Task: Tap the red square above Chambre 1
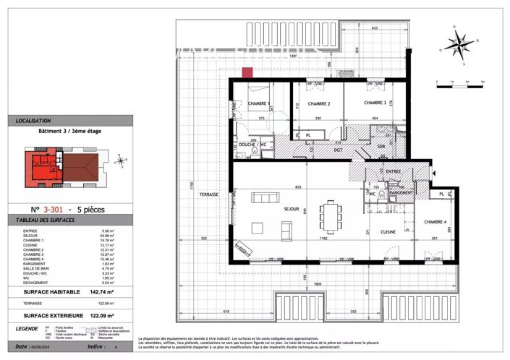[247, 72]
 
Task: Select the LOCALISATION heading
[33, 121]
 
